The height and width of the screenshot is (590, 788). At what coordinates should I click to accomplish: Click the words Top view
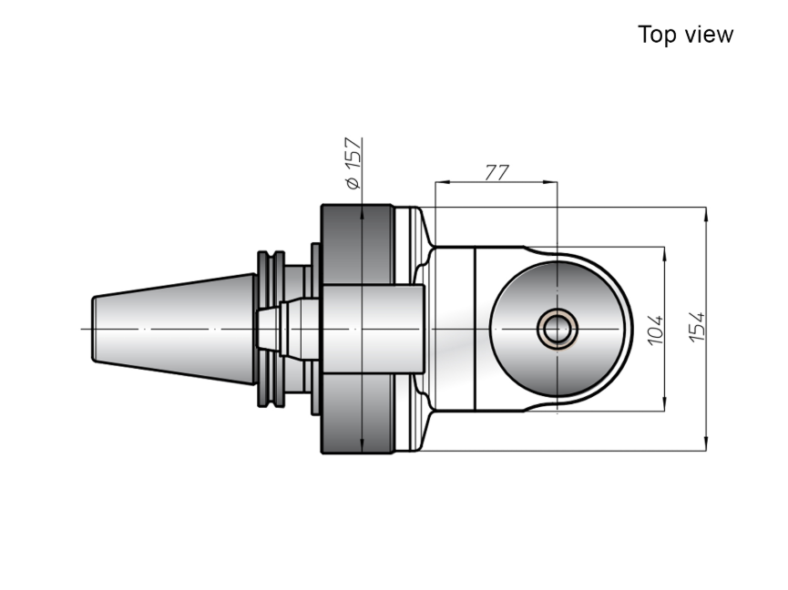[x=685, y=35]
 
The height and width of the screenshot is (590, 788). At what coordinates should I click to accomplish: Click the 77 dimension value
[x=496, y=172]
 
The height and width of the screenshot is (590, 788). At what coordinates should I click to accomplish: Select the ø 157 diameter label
[x=353, y=163]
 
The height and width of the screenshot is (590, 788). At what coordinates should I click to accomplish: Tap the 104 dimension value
[x=655, y=331]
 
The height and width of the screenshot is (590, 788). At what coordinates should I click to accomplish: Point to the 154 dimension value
[x=697, y=327]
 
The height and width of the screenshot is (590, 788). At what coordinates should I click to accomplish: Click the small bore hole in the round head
[x=558, y=329]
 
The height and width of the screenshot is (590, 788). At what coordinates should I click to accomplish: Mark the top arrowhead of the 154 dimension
[x=706, y=214]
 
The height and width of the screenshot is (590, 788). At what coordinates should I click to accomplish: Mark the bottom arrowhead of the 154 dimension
[x=706, y=443]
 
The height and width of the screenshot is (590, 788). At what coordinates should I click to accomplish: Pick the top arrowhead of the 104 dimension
[x=665, y=254]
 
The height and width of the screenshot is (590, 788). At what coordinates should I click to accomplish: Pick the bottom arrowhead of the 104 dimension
[x=665, y=403]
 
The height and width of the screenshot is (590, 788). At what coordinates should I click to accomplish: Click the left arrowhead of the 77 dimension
[x=442, y=182]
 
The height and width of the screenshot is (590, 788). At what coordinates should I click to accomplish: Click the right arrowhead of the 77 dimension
[x=550, y=182]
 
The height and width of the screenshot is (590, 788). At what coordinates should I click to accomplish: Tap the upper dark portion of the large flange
[x=357, y=244]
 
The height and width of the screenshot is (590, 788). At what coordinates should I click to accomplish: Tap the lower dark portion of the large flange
[x=357, y=413]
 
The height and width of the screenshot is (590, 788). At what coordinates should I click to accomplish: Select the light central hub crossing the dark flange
[x=373, y=329]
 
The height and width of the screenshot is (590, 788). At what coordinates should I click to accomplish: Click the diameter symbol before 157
[x=353, y=183]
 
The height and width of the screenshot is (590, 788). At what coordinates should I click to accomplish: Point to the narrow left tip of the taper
[x=94, y=329]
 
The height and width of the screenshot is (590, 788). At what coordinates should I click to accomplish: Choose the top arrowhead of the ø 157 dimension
[x=362, y=212]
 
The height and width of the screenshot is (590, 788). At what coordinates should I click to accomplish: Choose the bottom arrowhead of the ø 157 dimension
[x=362, y=446]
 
